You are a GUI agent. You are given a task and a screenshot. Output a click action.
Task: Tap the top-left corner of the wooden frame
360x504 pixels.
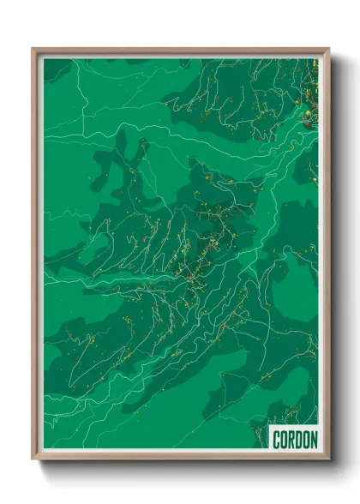[33, 49]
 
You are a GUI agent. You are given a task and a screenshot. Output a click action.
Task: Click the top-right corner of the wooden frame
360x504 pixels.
[328, 49]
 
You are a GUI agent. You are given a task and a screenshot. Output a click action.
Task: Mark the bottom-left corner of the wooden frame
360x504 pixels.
[33, 459]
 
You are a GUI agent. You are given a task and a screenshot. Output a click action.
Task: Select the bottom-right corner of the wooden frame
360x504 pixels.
[328, 459]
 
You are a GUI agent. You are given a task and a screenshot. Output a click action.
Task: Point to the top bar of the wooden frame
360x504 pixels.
[180, 50]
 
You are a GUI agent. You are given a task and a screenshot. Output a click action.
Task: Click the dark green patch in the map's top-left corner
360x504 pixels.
[57, 69]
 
